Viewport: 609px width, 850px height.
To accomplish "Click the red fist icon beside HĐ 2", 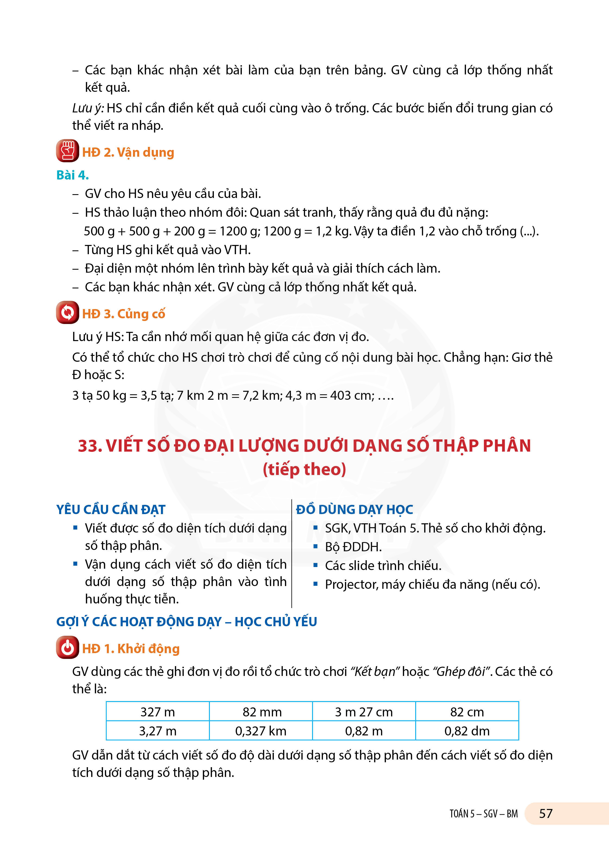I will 67,151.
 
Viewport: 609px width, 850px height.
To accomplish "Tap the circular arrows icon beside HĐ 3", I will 67,312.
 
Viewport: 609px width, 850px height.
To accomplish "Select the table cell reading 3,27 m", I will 158,731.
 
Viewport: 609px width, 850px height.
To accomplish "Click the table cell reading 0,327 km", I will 261,731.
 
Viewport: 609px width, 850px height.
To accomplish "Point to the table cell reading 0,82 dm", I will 467,731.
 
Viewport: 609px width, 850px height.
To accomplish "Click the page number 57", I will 546,813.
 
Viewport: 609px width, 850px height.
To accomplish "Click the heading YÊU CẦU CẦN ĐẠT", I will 111,509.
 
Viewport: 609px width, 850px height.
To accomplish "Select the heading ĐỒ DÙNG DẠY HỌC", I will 354,509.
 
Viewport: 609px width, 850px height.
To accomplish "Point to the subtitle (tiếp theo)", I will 304,469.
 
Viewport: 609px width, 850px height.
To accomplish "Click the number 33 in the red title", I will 88,446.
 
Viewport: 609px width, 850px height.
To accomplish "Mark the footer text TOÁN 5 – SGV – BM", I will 484,814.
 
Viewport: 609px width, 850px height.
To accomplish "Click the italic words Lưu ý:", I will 88,108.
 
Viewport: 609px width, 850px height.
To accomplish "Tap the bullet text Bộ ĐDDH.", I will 353,547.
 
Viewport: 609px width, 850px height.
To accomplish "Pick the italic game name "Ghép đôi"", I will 462,671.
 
